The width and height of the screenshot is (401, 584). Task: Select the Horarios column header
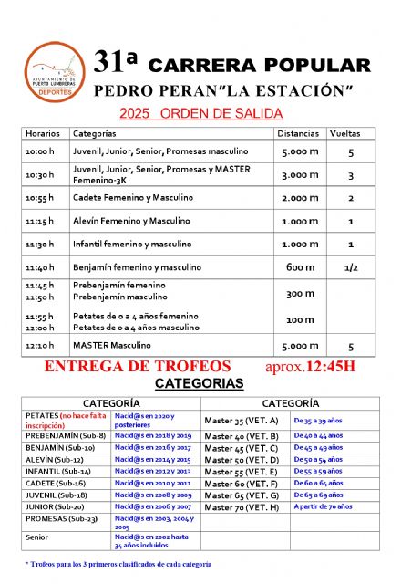[x=43, y=133]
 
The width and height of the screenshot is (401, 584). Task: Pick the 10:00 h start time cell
[x=40, y=151]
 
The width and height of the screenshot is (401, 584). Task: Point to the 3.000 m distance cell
[x=300, y=174]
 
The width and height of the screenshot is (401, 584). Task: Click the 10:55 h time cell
[x=40, y=198]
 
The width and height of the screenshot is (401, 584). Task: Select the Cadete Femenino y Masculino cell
[x=133, y=198]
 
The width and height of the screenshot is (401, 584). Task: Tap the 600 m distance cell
[x=300, y=267]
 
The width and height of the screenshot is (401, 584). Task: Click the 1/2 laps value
[x=350, y=267]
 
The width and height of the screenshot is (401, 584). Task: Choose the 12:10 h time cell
[x=40, y=346]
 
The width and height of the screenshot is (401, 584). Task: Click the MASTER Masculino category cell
[x=111, y=346]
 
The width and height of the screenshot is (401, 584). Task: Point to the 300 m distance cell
[x=300, y=293]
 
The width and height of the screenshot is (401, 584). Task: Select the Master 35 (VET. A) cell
[x=242, y=422]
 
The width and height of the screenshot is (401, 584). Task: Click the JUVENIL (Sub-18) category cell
[x=57, y=494]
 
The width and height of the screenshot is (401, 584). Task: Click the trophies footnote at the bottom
[x=118, y=565]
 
